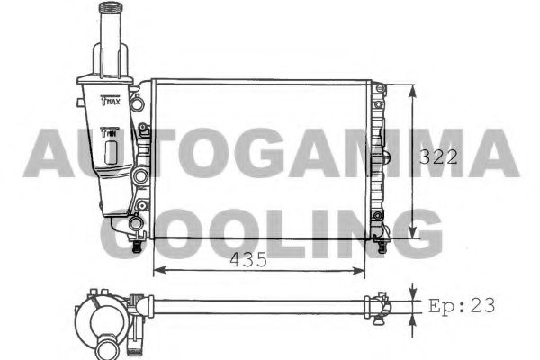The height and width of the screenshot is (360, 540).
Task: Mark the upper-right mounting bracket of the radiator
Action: coord(381,89)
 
